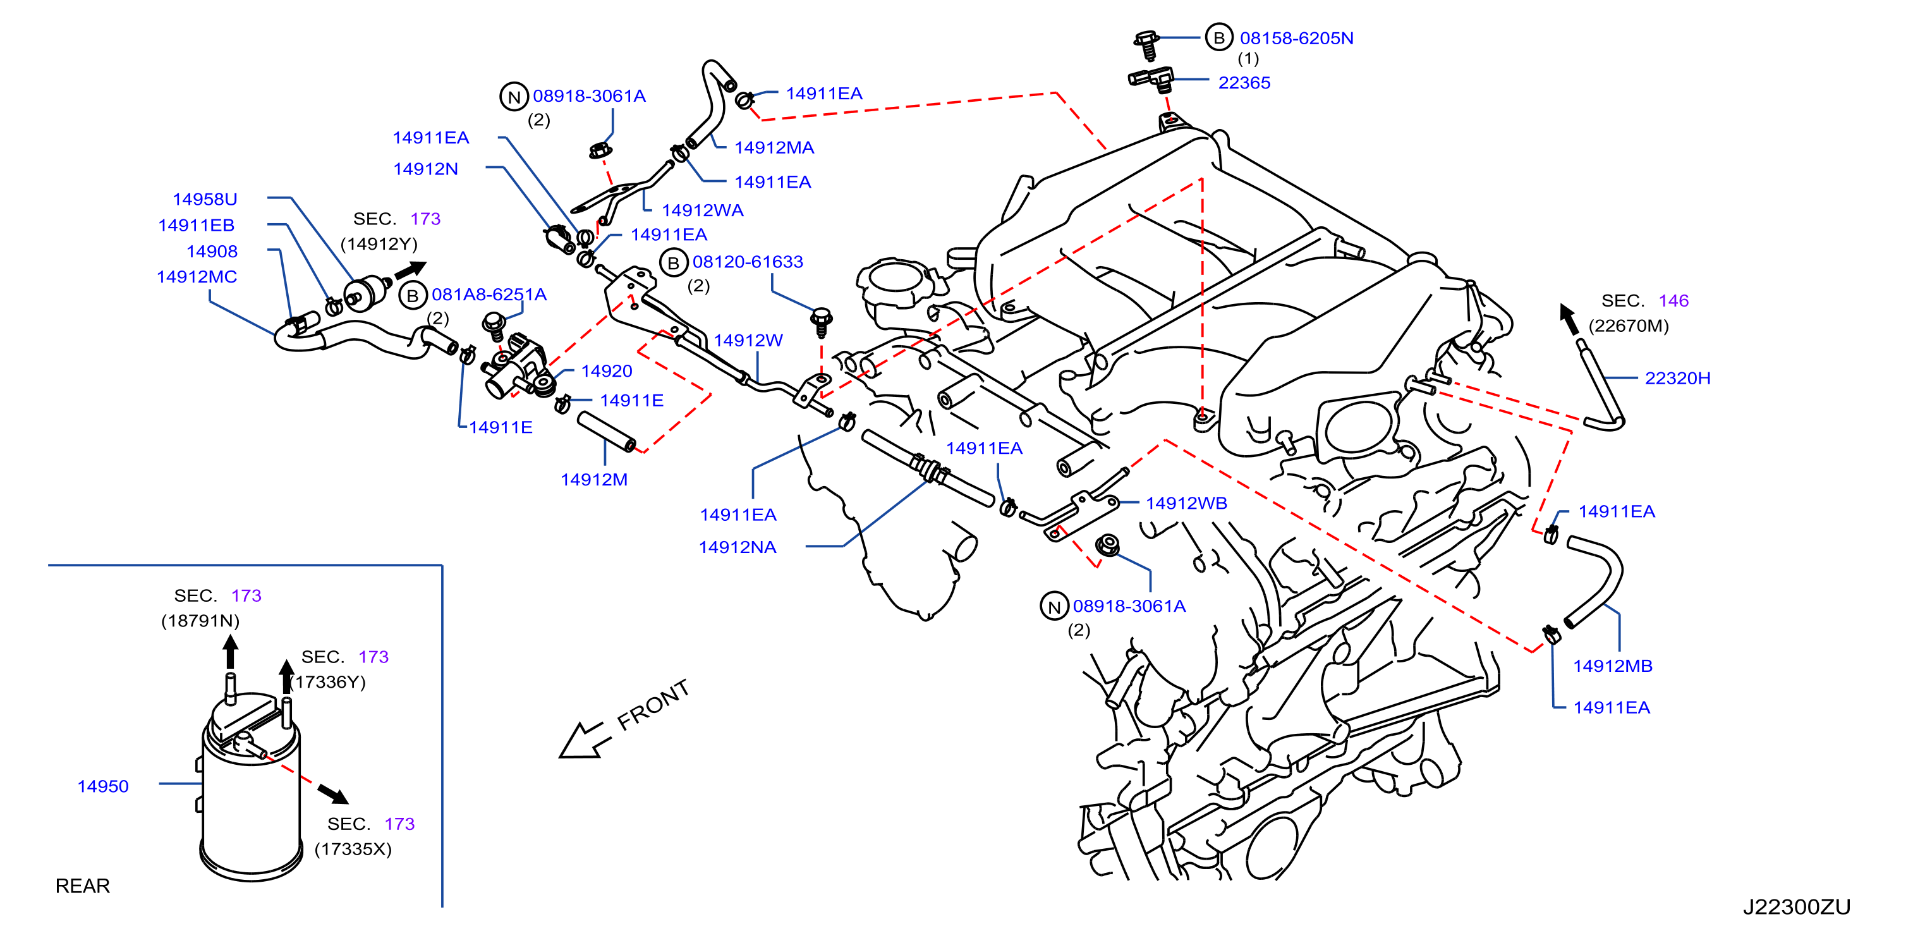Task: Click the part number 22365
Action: coord(1244,83)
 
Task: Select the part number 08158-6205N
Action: coord(1297,38)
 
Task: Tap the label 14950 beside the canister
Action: coord(103,786)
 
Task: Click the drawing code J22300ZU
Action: coord(1797,906)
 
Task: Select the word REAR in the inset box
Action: coord(83,886)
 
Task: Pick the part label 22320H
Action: coord(1678,378)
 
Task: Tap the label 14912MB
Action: coord(1613,666)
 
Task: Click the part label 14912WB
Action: coord(1187,503)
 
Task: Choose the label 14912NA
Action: coord(738,547)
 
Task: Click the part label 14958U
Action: coord(205,200)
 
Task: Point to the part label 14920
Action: coord(607,371)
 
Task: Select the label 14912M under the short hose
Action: coord(594,480)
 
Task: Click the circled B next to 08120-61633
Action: coord(673,263)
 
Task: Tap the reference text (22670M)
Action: coord(1629,326)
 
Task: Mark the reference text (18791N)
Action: coord(201,621)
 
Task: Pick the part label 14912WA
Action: coord(703,210)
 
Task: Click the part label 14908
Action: coord(212,252)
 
